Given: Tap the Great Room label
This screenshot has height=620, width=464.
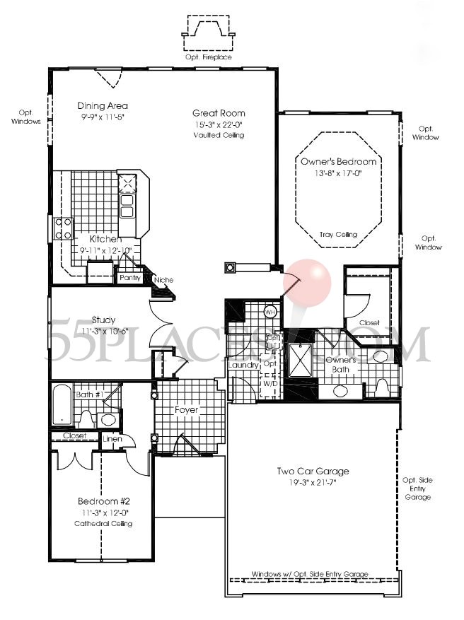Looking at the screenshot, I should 219,113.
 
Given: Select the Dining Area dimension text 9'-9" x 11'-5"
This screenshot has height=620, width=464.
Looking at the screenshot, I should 103,117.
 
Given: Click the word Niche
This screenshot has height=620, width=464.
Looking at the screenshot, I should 163,280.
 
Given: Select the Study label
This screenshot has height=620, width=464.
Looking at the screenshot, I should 103,320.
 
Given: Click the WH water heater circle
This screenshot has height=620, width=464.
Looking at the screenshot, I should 269,312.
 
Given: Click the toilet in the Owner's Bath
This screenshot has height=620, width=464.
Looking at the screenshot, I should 381,387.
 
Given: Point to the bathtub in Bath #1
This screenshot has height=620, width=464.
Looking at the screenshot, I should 62,404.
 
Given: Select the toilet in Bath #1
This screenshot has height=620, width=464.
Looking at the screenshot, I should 87,419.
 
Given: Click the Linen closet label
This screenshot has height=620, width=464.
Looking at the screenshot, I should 111,440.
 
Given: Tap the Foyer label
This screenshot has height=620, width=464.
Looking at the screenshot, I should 187,410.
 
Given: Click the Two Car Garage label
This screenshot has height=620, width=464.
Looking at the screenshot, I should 313,472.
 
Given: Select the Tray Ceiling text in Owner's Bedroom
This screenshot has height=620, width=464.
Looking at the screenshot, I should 338,235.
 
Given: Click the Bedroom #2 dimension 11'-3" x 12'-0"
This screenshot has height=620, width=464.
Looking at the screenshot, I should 103,513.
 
